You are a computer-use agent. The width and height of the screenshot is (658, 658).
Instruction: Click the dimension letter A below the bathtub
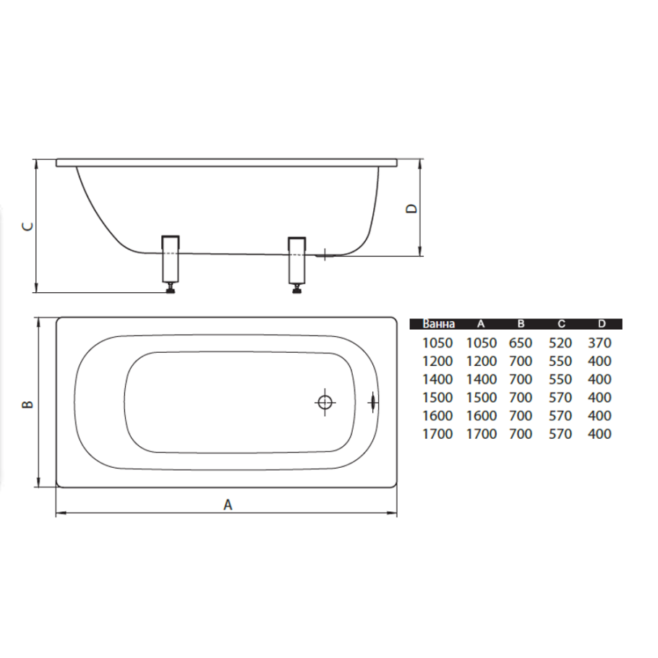coord(228,505)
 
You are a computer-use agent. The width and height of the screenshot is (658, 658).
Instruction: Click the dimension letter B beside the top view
coord(27,404)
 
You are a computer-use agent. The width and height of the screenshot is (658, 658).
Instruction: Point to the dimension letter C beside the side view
coord(27,226)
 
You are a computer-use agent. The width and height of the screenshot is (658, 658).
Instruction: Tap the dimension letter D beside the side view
coord(412,208)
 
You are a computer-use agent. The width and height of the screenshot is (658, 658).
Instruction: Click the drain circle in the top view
coord(325,403)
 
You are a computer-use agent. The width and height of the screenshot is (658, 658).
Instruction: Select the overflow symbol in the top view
coord(372,403)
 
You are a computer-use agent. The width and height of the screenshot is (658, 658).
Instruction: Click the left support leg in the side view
coord(171,259)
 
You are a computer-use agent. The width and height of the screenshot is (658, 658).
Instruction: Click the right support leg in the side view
coord(297,260)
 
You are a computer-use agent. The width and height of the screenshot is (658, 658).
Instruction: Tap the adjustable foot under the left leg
coord(171,289)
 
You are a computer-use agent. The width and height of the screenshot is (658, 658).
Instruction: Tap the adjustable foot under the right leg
coord(297,289)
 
